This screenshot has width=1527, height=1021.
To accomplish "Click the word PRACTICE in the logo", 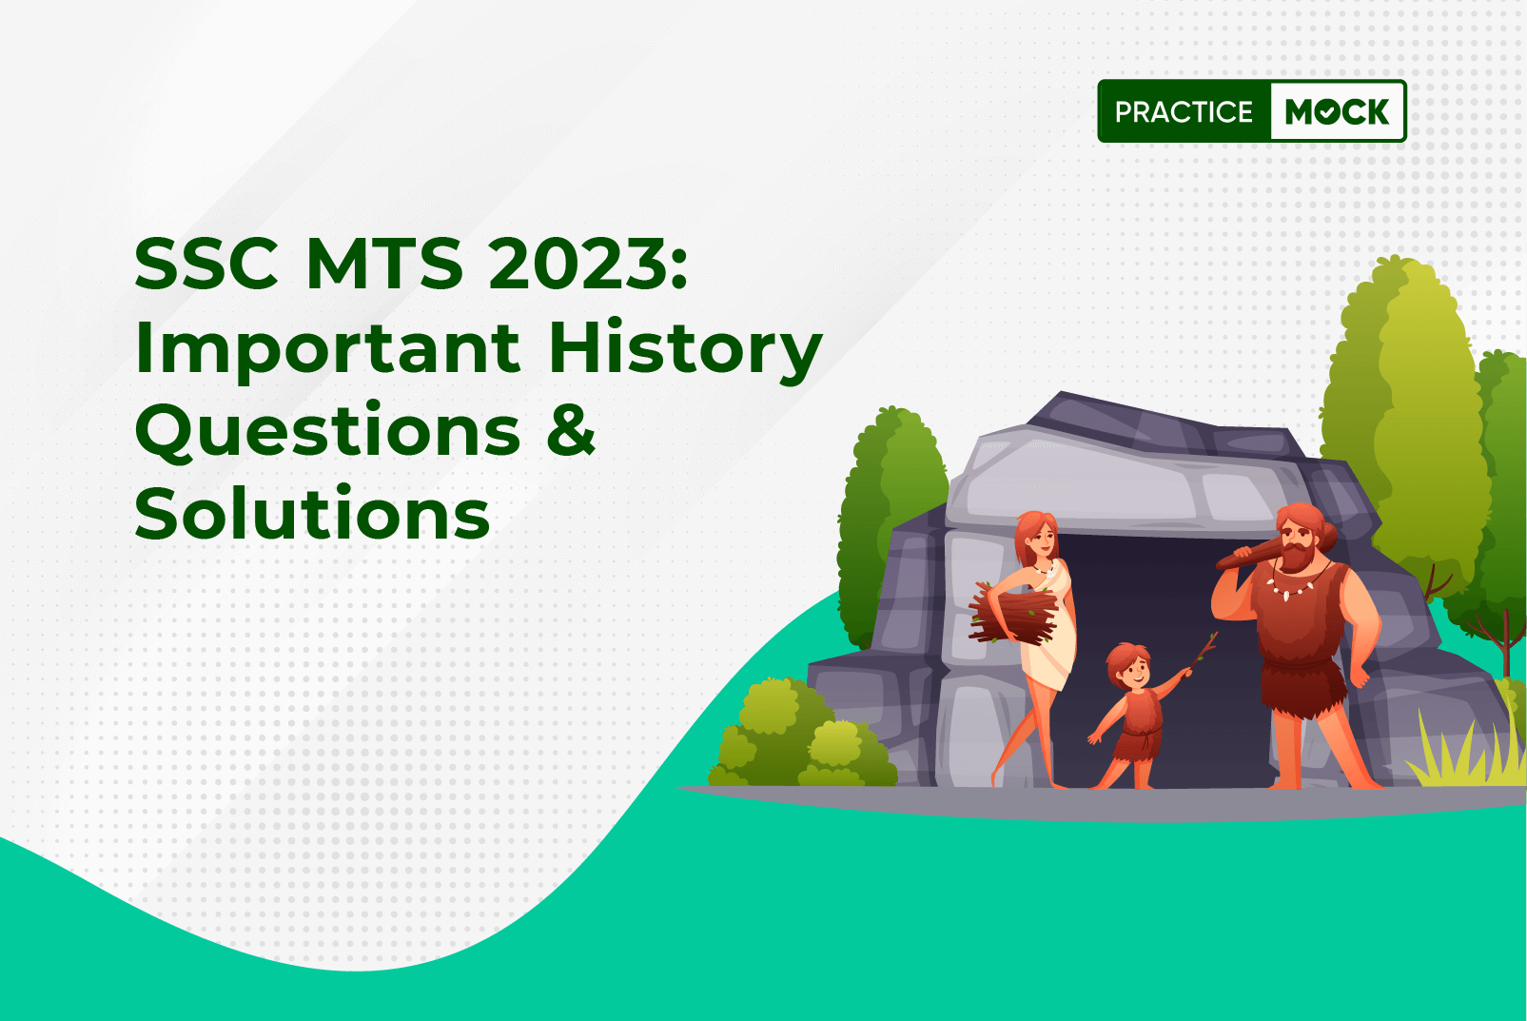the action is pyautogui.click(x=1184, y=111).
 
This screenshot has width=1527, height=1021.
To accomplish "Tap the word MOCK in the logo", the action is pyautogui.click(x=1337, y=111).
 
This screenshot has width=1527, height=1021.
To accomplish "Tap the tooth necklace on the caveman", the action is pyautogui.click(x=1294, y=585).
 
